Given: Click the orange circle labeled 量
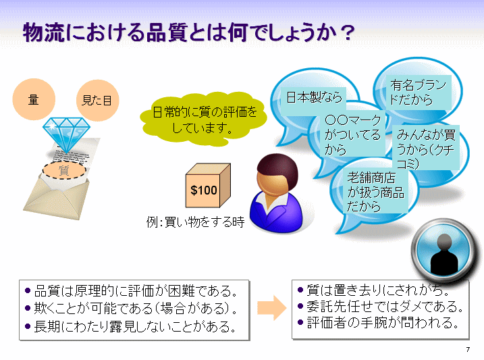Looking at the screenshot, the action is pos(34,99).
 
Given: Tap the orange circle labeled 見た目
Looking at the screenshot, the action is pos(97,101).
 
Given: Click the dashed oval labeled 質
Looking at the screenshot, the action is pos(64,170).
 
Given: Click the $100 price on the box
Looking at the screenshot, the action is pos(203,190).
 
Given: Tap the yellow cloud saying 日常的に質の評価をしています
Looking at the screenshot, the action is pos(203,120).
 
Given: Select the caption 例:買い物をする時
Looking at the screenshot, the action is pos(195,222).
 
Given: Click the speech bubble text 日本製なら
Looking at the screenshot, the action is pos(315,97).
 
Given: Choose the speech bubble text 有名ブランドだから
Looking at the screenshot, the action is pos(419,92).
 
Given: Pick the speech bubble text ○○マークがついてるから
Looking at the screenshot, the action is pos(352,135).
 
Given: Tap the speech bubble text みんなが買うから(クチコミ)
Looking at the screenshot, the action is pos(426,149).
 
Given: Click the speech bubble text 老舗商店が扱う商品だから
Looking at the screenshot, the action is pos(375,192).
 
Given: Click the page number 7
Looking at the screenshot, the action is pos(468,349).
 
